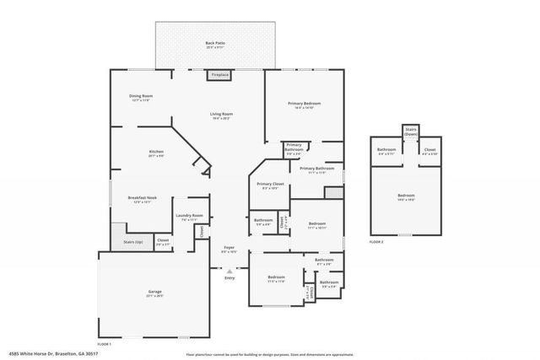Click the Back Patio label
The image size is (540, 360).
click(x=215, y=45)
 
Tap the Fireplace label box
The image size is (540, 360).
click(x=220, y=74)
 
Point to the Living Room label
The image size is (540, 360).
click(x=221, y=116)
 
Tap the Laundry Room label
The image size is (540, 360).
click(x=189, y=218)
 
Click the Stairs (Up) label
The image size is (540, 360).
click(x=133, y=241)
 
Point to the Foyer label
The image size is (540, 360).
click(x=228, y=250)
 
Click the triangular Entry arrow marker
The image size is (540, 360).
click(x=229, y=271)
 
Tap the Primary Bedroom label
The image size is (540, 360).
click(x=304, y=105)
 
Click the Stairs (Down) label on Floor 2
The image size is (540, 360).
click(x=411, y=132)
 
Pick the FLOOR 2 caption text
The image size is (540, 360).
click(x=376, y=242)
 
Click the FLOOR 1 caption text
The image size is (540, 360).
click(x=105, y=344)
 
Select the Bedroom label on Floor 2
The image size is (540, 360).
click(x=406, y=197)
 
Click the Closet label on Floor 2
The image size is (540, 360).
click(x=429, y=152)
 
